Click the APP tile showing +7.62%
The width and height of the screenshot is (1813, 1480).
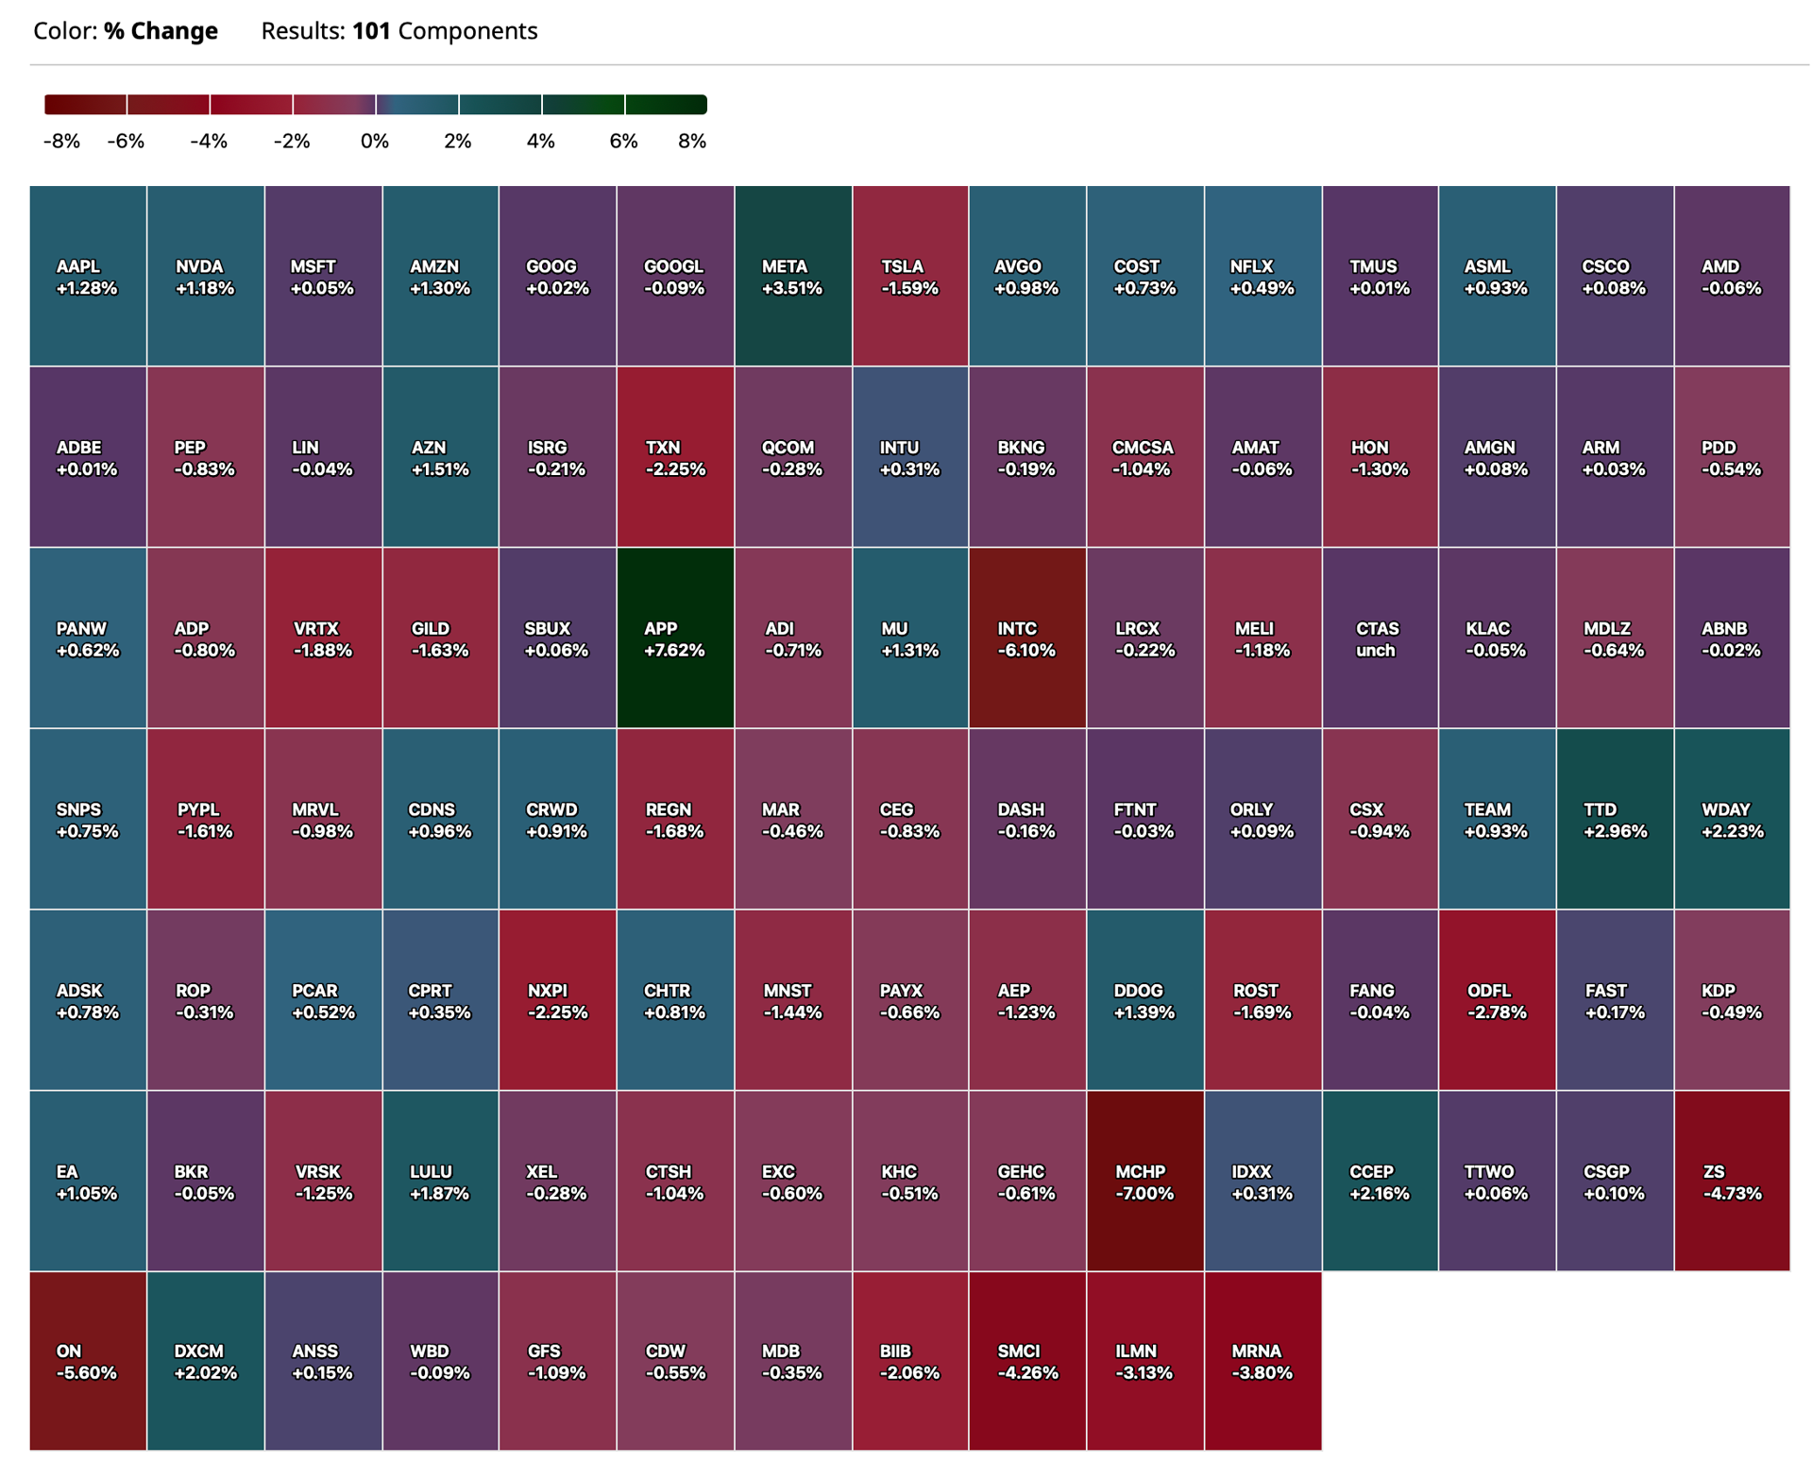click(675, 638)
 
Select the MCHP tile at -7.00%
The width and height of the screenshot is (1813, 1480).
click(1145, 1181)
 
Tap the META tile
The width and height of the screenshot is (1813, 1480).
click(793, 276)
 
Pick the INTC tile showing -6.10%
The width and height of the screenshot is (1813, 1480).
click(1027, 638)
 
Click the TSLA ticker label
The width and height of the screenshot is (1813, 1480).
click(902, 267)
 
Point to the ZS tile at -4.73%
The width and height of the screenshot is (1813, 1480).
click(1732, 1181)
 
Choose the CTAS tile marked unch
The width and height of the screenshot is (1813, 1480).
click(1381, 638)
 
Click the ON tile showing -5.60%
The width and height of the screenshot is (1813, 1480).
click(88, 1361)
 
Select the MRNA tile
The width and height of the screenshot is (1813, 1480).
click(1263, 1361)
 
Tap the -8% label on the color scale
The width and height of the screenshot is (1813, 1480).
click(61, 142)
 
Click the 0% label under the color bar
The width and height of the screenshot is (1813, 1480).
click(375, 142)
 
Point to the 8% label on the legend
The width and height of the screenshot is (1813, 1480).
click(692, 142)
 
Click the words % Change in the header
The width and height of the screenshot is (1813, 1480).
click(161, 31)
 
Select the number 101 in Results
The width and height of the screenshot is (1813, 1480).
click(371, 31)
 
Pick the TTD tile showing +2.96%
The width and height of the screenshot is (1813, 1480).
click(1616, 819)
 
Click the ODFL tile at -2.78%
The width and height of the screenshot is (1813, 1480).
click(1498, 1000)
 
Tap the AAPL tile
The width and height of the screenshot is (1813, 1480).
click(88, 276)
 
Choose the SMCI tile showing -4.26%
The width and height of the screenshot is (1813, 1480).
click(1027, 1361)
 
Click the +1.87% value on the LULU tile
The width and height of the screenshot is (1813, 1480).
click(439, 1194)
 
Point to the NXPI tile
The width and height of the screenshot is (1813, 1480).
click(557, 1000)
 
